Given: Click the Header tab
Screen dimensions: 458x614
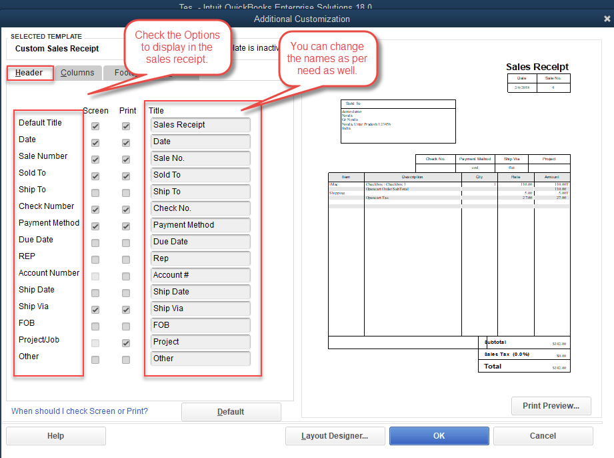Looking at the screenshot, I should [x=29, y=73].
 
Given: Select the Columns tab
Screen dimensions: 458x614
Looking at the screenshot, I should [x=77, y=73].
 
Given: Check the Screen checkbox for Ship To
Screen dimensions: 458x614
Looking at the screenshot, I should [x=95, y=193].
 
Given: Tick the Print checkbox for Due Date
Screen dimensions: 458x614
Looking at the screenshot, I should [x=126, y=243].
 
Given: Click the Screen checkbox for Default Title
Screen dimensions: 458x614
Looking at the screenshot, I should [x=95, y=126].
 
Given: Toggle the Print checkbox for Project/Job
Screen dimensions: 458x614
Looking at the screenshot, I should [x=126, y=343].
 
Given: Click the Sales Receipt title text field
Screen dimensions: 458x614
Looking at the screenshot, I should [x=201, y=125].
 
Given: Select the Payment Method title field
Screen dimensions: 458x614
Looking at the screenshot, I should [x=201, y=225].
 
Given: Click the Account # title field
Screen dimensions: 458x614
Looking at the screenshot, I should [x=201, y=275].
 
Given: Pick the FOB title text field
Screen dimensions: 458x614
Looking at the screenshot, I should [x=201, y=325].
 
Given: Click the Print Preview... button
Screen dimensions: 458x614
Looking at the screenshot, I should [x=551, y=405].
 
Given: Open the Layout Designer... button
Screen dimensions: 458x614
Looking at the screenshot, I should [x=335, y=436].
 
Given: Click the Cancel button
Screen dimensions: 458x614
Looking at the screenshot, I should [x=543, y=436].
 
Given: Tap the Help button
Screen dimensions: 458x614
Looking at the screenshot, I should [x=56, y=436].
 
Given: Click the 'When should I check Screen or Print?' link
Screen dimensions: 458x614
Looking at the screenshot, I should [x=80, y=411].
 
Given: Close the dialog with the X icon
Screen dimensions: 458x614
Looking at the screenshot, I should [x=606, y=19].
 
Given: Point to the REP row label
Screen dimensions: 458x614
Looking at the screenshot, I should [x=27, y=256].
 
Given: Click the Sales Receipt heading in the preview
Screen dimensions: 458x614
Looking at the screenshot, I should [x=537, y=67].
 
